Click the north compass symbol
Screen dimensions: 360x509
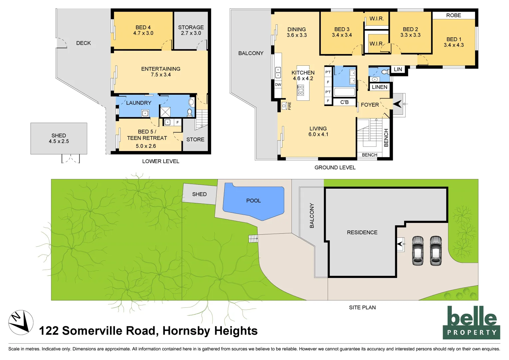21,322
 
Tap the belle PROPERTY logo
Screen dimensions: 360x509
471,322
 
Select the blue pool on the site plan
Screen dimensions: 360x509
253,201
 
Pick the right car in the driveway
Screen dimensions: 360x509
435,251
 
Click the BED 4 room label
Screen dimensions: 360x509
143,30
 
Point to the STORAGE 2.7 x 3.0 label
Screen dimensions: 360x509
191,30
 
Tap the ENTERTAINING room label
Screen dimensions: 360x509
161,72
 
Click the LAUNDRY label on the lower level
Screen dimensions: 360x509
139,103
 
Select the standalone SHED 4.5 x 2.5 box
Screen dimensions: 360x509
59,138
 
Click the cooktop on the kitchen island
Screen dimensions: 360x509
300,90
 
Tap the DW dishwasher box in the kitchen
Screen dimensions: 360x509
278,85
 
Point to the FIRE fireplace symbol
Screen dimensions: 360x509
284,106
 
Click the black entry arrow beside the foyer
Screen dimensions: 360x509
397,104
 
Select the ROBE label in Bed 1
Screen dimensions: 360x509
453,15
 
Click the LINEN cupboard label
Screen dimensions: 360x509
379,87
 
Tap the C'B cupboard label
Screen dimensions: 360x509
344,102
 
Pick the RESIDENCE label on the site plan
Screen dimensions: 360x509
362,232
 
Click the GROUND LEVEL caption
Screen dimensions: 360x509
335,167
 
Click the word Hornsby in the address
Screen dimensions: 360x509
187,331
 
